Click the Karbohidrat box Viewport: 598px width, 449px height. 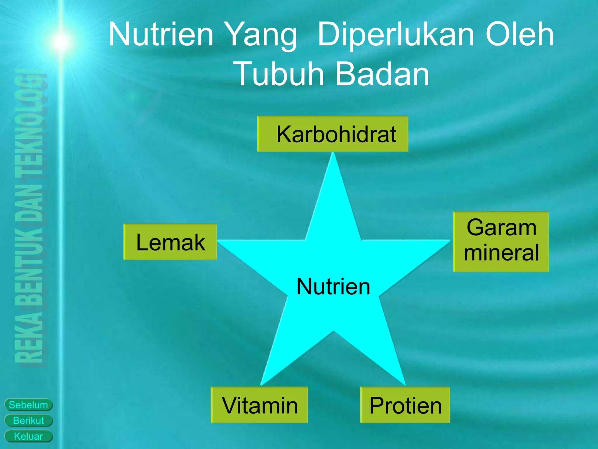pyautogui.click(x=333, y=134)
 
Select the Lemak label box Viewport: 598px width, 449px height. pyautogui.click(x=170, y=242)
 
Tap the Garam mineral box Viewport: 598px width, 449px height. pyautogui.click(x=501, y=241)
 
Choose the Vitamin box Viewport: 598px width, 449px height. pyautogui.click(x=259, y=405)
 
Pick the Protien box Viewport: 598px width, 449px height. pyautogui.click(x=405, y=405)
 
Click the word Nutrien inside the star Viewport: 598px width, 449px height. pyautogui.click(x=333, y=286)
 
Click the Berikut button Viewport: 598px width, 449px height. pyautogui.click(x=28, y=420)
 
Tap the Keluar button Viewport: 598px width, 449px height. pyautogui.click(x=28, y=436)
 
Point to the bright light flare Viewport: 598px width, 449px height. pyautogui.click(x=61, y=41)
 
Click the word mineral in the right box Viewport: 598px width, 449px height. pyautogui.click(x=501, y=253)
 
